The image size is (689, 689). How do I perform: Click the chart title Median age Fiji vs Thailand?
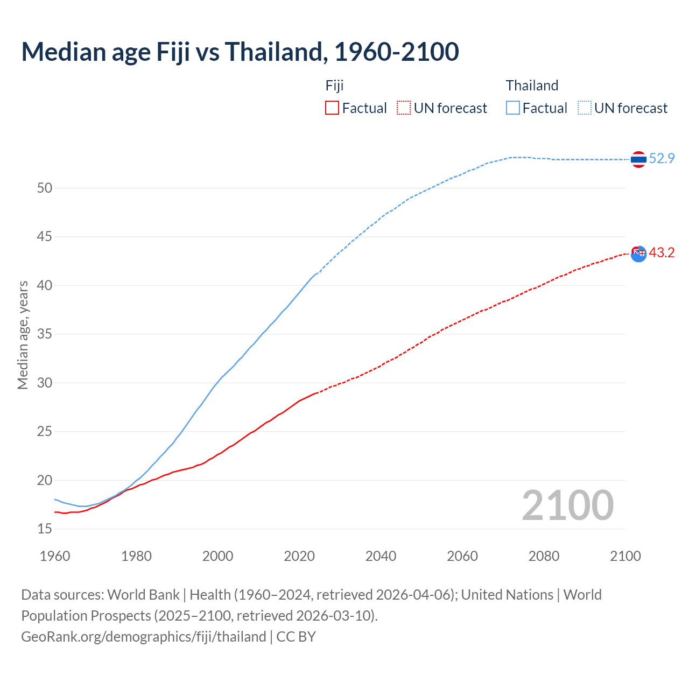240,52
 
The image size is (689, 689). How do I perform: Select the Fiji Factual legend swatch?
332,108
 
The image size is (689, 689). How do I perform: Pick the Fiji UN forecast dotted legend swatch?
404,108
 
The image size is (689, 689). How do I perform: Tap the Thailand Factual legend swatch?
513,108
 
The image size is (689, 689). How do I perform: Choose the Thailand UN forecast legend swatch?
585,108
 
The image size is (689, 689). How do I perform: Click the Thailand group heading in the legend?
532,86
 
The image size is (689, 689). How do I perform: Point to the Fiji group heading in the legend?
334,86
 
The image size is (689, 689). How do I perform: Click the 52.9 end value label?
662,158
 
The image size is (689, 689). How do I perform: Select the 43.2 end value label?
662,252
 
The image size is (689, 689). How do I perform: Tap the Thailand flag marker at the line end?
638,159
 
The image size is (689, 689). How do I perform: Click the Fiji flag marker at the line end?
638,254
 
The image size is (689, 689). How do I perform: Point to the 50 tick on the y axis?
45,188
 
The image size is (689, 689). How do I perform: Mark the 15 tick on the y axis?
45,529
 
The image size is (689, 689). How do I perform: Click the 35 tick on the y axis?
45,334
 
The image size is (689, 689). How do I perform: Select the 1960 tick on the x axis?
55,556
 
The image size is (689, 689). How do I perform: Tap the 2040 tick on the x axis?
381,556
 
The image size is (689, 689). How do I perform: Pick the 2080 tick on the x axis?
544,556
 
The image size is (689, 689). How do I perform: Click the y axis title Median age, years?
23,335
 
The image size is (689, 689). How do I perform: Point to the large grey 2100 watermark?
567,505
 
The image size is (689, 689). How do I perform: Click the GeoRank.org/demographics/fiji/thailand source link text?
144,637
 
